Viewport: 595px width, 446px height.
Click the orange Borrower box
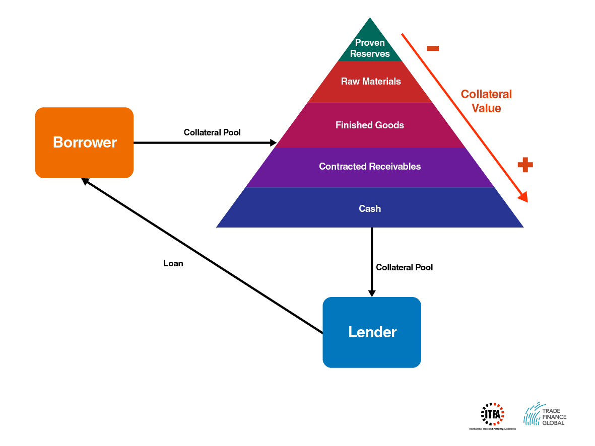(x=84, y=142)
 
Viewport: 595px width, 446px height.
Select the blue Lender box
(x=372, y=332)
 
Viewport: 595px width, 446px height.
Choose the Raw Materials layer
(x=371, y=82)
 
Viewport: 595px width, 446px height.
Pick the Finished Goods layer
(x=370, y=125)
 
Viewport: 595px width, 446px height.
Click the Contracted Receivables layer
(x=370, y=167)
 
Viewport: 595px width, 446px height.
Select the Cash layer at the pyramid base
(x=370, y=208)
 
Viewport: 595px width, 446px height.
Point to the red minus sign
(x=433, y=48)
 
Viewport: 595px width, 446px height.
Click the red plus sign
(x=525, y=165)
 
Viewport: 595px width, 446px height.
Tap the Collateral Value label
(x=486, y=101)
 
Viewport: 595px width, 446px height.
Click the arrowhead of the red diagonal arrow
(x=523, y=197)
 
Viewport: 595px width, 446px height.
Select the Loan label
(x=173, y=263)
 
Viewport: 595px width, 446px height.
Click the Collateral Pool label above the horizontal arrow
(x=212, y=132)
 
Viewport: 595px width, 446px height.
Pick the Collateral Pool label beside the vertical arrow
(x=404, y=267)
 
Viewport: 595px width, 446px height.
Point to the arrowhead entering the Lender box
(x=372, y=293)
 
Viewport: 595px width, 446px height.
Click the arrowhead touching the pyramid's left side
(x=273, y=143)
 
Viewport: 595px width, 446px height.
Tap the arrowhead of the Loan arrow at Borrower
(x=86, y=181)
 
